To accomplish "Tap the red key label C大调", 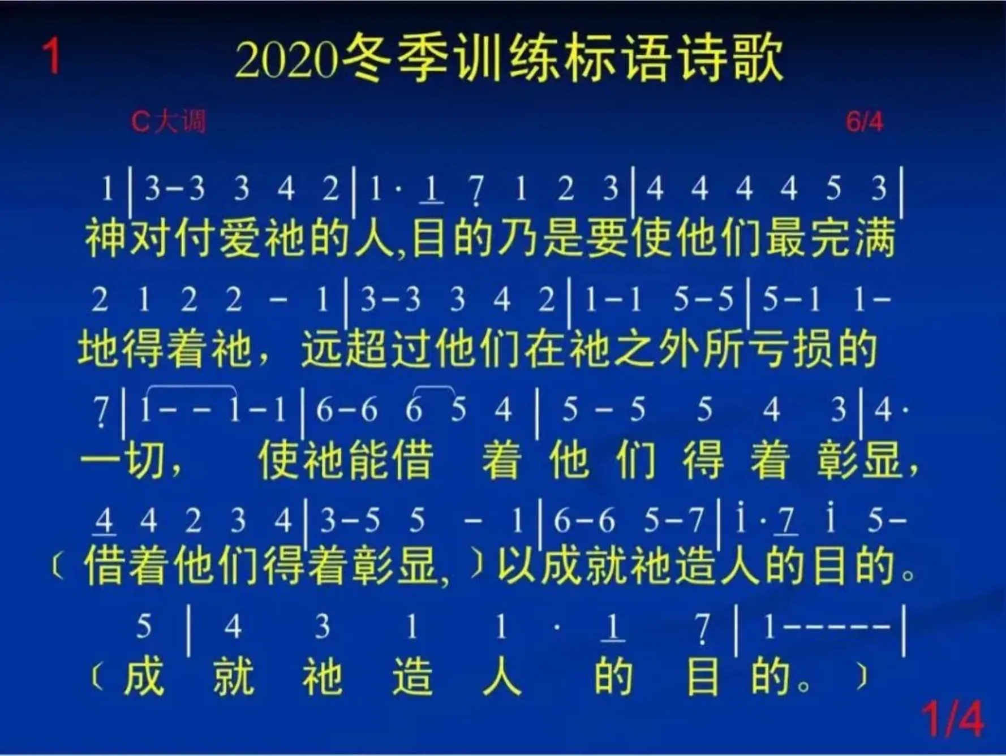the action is [x=169, y=121].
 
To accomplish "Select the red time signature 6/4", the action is [x=864, y=122].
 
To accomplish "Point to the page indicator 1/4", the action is [x=953, y=719].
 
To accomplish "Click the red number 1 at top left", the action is [x=51, y=55].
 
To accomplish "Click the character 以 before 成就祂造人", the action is [x=516, y=566].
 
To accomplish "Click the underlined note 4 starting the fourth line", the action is [x=104, y=521].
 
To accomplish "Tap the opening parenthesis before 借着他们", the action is [x=57, y=567].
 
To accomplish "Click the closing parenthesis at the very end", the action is [x=862, y=676].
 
